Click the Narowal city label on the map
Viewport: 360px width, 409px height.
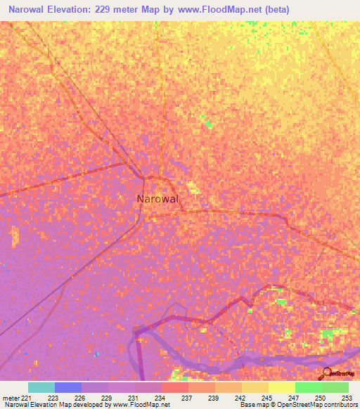[157, 199]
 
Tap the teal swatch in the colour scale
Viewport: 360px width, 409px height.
[41, 387]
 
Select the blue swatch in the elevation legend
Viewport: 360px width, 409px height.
[67, 387]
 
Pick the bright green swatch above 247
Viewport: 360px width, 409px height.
[308, 387]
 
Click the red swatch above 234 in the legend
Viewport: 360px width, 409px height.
[174, 387]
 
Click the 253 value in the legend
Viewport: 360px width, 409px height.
[348, 397]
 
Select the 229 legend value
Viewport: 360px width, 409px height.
[108, 397]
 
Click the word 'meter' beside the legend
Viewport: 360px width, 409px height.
[11, 397]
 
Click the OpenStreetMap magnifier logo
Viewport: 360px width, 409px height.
[326, 372]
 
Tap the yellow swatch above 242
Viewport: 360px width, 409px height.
[255, 387]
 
